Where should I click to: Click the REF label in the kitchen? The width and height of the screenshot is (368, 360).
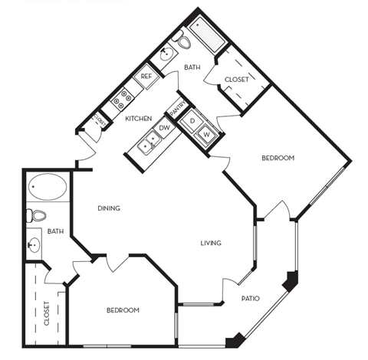tap(145, 77)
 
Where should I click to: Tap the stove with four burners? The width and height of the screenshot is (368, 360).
tap(123, 98)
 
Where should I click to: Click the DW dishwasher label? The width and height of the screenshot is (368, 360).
tap(164, 128)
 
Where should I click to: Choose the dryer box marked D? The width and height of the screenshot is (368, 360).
tap(193, 122)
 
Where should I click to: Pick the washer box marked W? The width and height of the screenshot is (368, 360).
tap(206, 135)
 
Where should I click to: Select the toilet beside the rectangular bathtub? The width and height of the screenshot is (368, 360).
tap(182, 43)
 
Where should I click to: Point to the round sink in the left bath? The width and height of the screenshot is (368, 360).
tap(34, 246)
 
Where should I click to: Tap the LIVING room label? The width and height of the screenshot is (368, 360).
tap(211, 244)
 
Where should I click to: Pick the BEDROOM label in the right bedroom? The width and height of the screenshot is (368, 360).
tap(278, 158)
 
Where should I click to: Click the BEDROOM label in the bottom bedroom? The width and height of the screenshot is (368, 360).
tap(122, 310)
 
